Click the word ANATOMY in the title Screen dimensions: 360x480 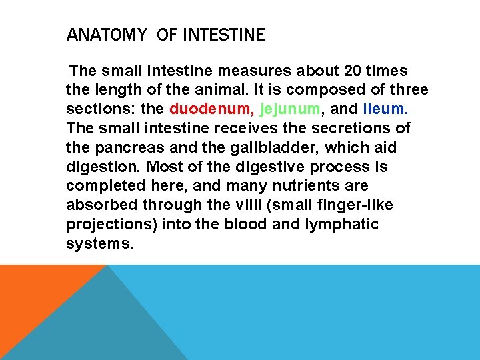(x=106, y=35)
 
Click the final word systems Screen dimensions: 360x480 (x=99, y=244)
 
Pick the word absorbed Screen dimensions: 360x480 (x=99, y=205)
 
